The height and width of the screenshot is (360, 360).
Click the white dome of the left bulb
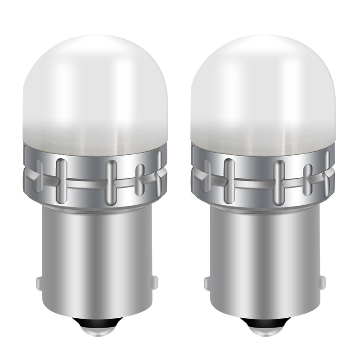pyautogui.click(x=94, y=90)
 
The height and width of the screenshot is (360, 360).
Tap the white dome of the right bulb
pyautogui.click(x=263, y=90)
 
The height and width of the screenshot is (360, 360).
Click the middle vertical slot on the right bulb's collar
pyautogui.click(x=279, y=178)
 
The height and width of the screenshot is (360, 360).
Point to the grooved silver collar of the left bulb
pyautogui.click(x=85, y=193)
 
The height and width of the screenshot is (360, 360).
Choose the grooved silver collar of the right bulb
pyautogui.click(x=254, y=193)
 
